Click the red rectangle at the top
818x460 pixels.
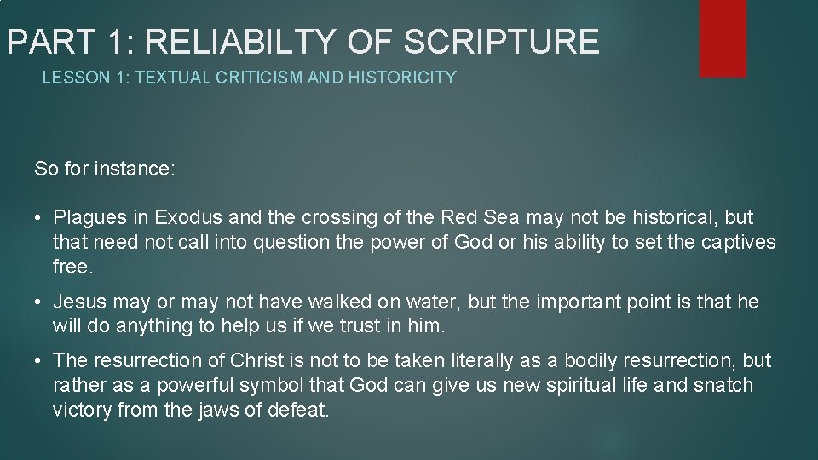[723, 37]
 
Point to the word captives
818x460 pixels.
[739, 243]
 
